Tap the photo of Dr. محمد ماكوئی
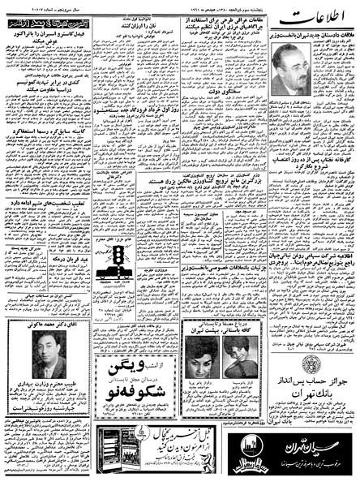49,354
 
